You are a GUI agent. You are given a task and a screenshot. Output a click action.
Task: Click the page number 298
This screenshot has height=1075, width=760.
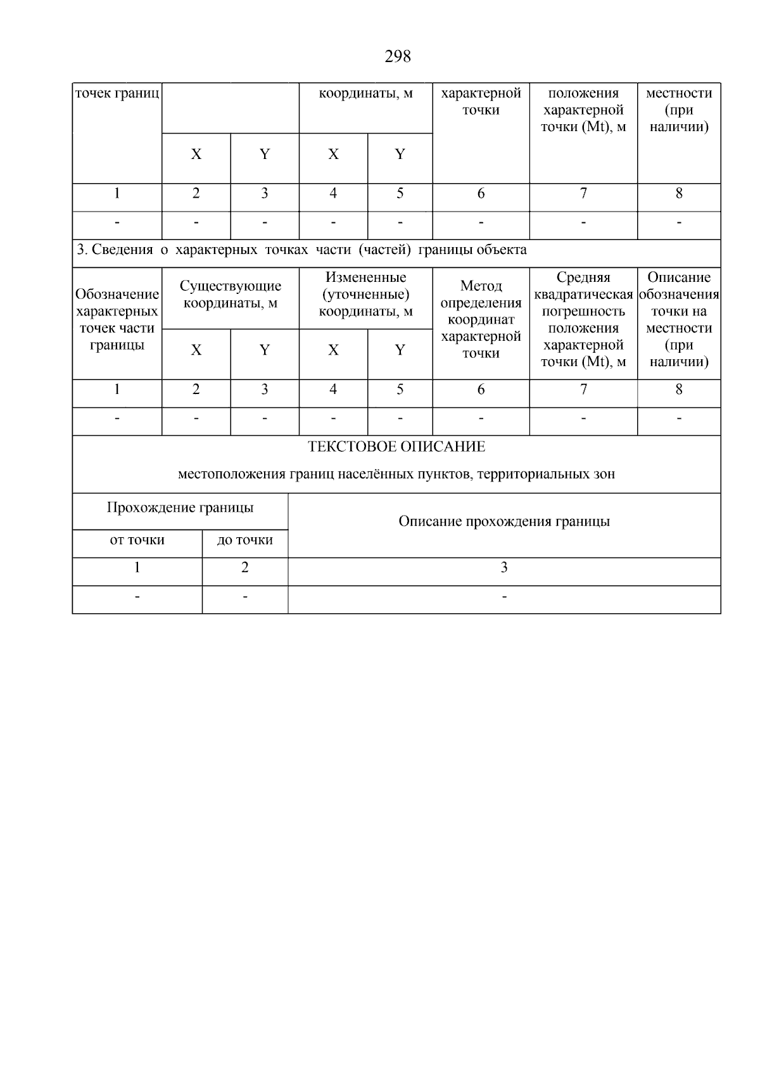[397, 57]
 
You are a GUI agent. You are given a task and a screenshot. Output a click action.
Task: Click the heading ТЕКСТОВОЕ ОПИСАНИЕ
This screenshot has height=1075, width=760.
[396, 447]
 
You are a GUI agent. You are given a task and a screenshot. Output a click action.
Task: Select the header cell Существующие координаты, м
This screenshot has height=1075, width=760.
[230, 295]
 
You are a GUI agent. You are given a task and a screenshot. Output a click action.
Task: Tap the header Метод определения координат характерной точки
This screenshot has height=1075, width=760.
[481, 319]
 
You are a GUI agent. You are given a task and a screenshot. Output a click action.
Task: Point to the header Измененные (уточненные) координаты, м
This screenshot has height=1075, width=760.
[365, 294]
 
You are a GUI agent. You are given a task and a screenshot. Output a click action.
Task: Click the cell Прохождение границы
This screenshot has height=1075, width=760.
[180, 507]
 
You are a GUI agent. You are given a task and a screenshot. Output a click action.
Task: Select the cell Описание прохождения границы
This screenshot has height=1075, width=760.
[504, 521]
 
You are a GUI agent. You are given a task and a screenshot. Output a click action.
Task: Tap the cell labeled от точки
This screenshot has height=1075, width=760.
[137, 540]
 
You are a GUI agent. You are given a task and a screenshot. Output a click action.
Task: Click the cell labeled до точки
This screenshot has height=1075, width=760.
[244, 540]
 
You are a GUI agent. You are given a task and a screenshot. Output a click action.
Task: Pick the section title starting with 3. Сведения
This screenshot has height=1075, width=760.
[301, 250]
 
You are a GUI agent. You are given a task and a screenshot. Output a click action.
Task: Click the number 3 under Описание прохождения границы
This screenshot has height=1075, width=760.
[504, 568]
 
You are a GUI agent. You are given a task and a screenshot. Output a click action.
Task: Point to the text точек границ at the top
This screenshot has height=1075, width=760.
[117, 94]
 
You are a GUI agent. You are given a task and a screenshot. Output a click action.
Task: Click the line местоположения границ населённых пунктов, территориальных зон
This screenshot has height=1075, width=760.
[396, 474]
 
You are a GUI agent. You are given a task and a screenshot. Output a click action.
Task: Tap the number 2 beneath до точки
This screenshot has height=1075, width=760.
[244, 568]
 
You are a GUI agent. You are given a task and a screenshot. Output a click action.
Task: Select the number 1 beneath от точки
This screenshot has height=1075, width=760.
[137, 568]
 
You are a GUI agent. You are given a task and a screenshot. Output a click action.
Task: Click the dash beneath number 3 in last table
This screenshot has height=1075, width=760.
[504, 597]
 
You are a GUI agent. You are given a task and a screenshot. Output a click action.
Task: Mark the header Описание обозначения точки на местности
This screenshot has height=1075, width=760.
[679, 319]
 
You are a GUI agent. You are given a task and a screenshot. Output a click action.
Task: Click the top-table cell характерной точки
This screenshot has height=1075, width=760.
[481, 101]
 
